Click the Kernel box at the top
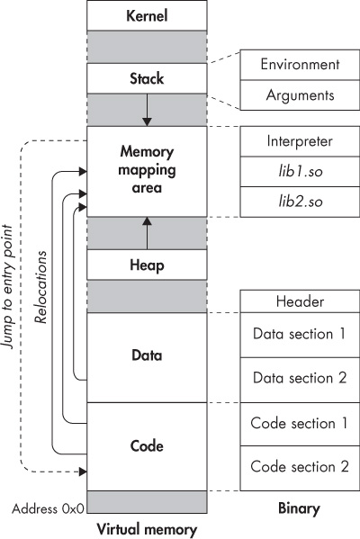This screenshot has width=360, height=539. tap(147, 15)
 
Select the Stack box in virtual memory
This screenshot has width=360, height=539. tap(147, 78)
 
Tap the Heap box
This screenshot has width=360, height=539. tap(147, 265)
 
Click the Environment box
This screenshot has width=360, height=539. tap(300, 65)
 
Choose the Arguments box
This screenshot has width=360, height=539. tap(300, 95)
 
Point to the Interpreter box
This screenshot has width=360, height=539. tap(300, 141)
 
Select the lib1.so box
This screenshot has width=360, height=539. tap(300, 172)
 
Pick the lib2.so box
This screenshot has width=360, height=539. tap(300, 202)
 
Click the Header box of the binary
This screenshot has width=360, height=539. tap(300, 301)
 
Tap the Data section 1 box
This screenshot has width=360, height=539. tap(300, 335)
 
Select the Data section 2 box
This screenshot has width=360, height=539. tap(300, 380)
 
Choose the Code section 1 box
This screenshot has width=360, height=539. tap(300, 424)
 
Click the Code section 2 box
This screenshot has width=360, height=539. tap(300, 468)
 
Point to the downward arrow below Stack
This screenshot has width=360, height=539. tap(147, 110)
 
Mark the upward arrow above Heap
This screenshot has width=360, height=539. tap(147, 233)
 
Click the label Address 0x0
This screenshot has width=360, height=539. tap(48, 508)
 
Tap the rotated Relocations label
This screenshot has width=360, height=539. tap(40, 287)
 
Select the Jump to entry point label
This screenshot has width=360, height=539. tap(7, 287)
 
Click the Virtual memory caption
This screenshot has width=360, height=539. tap(147, 530)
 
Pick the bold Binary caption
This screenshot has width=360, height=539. tap(299, 508)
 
